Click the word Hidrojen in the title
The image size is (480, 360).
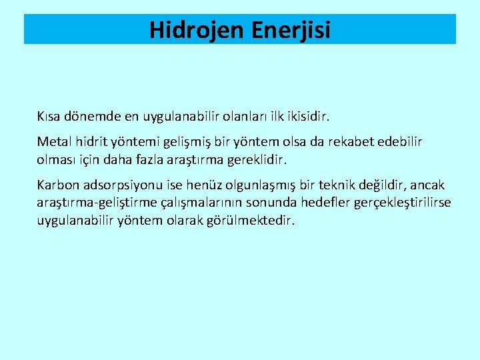point(193,30)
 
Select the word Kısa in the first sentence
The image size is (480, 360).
point(50,117)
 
